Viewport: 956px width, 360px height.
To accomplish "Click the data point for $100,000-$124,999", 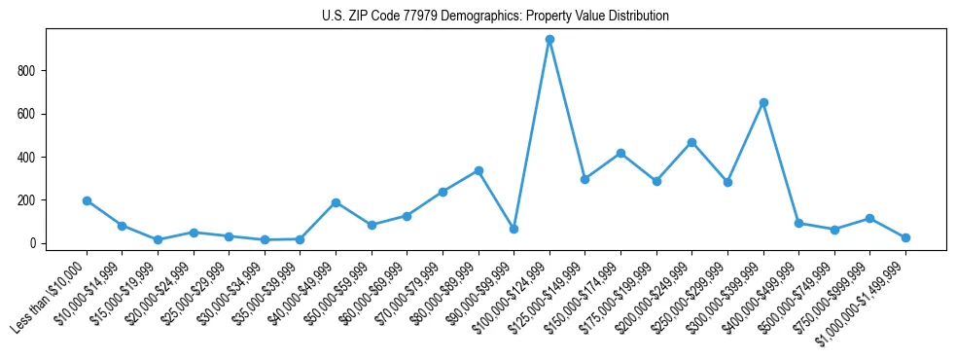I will tap(549, 40).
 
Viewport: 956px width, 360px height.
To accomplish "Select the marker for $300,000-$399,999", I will tap(763, 102).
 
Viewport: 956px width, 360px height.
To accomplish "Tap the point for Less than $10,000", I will tap(87, 200).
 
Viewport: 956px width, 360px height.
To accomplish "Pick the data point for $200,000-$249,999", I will tap(691, 142).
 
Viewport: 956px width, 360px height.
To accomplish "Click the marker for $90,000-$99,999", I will tap(513, 229).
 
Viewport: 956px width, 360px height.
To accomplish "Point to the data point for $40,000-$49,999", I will tap(336, 202).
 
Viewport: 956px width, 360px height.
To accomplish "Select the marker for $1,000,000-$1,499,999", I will tap(905, 237).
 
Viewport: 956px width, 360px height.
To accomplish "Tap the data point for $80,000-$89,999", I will tap(478, 170).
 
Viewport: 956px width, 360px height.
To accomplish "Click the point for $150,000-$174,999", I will tap(620, 153).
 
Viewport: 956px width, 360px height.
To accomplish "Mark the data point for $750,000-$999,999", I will tap(869, 218).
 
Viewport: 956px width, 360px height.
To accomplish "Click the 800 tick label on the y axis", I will tap(27, 71).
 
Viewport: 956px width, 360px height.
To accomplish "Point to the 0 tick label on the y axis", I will tap(32, 243).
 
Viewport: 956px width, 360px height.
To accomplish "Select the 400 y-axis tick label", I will tap(27, 158).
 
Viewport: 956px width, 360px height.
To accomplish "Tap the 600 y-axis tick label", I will tap(27, 114).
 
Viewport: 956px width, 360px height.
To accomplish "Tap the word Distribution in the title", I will tap(633, 17).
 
